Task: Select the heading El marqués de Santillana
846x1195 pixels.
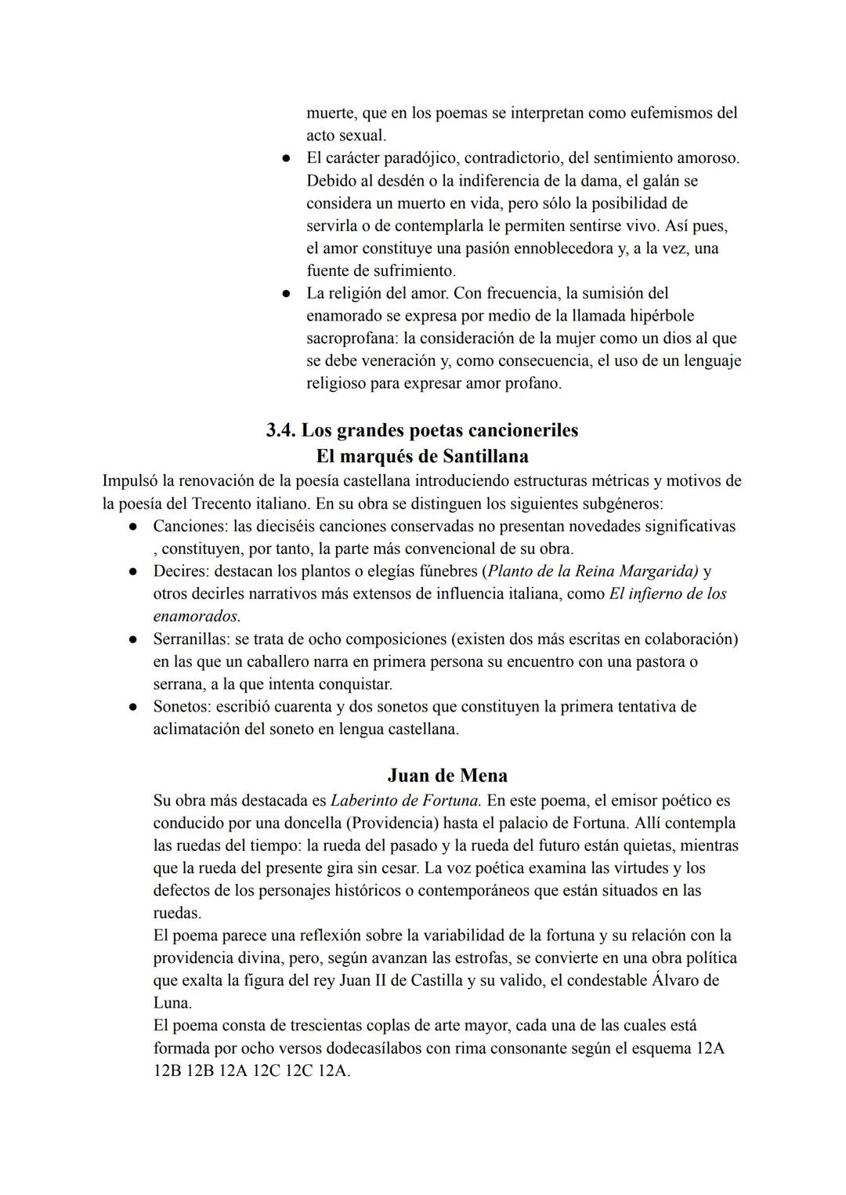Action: (421, 456)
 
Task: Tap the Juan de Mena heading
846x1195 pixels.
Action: (446, 775)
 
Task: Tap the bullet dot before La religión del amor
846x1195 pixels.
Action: (287, 294)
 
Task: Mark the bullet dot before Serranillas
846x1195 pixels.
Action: (134, 639)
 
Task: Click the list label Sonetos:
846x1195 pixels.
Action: (182, 707)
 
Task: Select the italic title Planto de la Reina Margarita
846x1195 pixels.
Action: (593, 571)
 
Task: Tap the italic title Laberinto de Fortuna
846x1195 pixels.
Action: (406, 801)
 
